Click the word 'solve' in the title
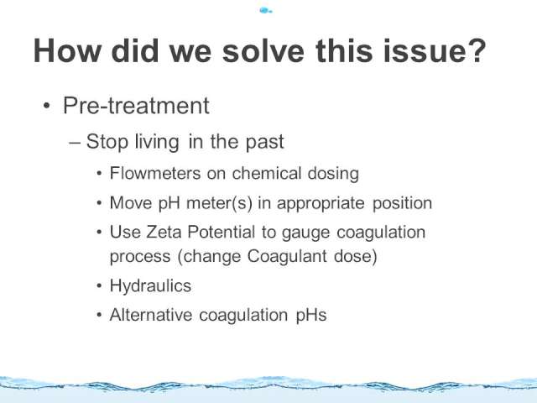coord(263,50)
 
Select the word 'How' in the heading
coord(67,50)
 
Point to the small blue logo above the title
coord(266,11)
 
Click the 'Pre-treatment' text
coord(136,105)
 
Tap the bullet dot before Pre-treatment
coord(47,106)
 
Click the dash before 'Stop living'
coord(75,142)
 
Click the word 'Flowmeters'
coord(155,173)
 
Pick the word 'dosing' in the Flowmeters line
coord(333,174)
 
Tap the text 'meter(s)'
coord(219,203)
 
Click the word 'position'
coord(402,203)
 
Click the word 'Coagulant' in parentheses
coord(287,256)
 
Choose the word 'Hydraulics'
coord(150,285)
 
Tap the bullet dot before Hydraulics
coord(99,285)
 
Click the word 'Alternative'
coord(151,315)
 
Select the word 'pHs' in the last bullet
coord(311,316)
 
